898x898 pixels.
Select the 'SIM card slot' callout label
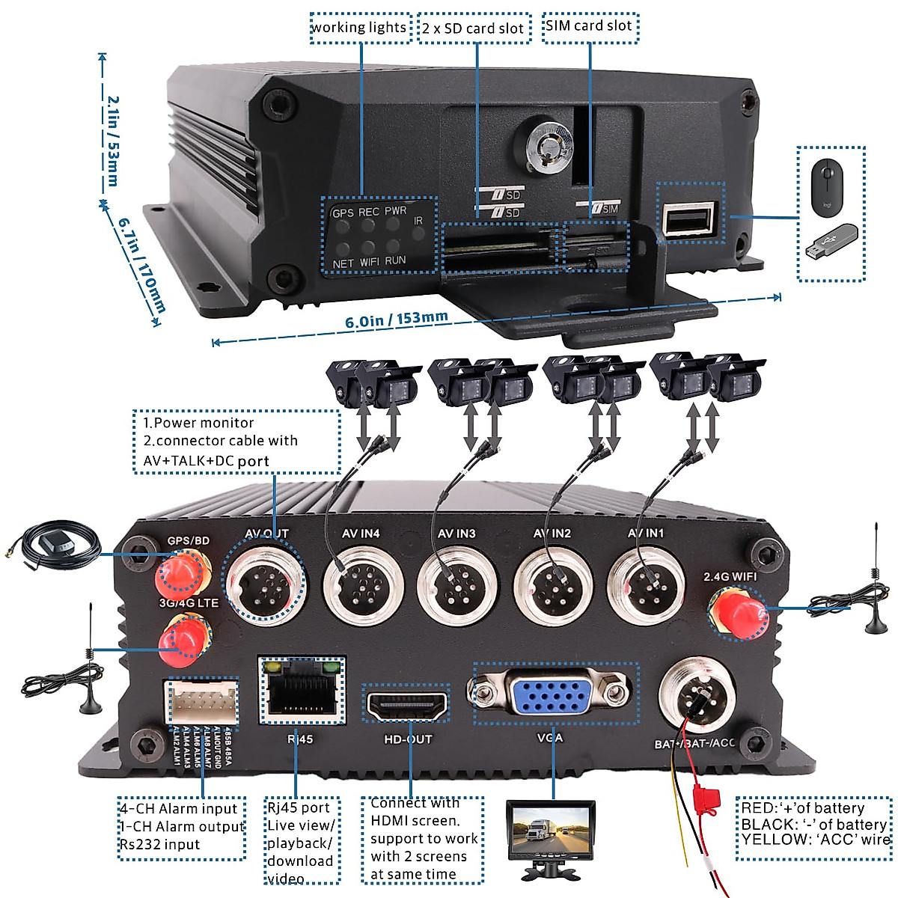[590, 26]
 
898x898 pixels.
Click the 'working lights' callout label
[360, 28]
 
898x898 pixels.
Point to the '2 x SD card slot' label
[473, 28]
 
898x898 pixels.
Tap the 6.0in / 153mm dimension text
[397, 320]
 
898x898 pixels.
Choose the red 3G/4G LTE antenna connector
[183, 641]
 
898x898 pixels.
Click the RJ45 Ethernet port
[302, 691]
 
